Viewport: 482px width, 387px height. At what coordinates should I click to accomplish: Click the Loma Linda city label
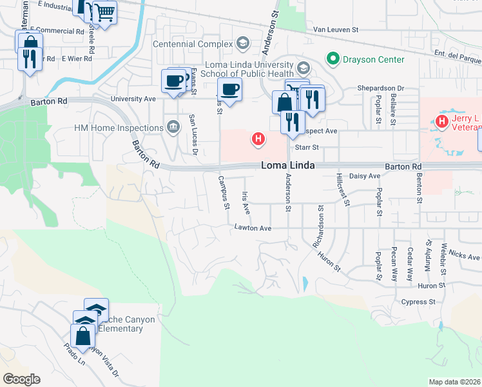click(288, 166)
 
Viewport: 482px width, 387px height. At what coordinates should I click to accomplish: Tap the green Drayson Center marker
click(333, 59)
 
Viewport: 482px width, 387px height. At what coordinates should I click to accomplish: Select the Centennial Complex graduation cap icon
click(243, 44)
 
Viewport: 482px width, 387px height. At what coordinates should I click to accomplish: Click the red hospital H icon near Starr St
click(258, 138)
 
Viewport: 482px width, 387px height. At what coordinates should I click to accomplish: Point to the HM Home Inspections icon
click(173, 127)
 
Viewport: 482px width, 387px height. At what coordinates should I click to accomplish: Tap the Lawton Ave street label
click(253, 228)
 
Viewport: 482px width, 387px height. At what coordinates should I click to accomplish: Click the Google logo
click(21, 379)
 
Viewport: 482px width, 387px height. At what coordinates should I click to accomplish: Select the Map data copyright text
click(455, 382)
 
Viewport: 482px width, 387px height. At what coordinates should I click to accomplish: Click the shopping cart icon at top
click(104, 11)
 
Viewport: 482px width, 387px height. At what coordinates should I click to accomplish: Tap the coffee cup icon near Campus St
click(229, 89)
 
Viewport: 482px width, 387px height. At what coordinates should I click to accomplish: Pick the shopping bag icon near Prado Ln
click(82, 336)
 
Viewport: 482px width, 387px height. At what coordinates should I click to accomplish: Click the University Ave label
click(133, 99)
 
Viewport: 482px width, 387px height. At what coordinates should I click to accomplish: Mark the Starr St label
click(307, 147)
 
